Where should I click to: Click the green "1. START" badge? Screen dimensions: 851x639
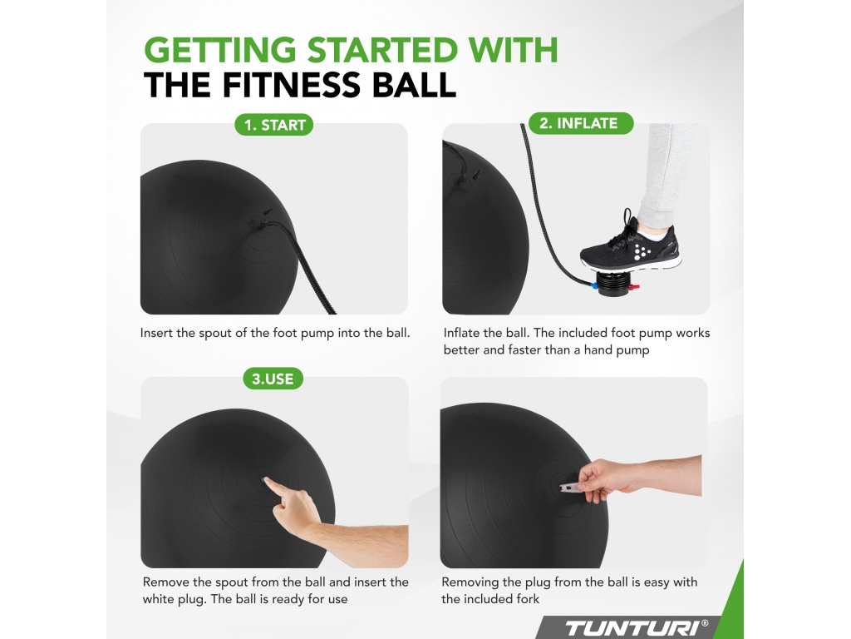273,125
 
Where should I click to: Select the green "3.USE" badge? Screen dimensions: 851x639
273,379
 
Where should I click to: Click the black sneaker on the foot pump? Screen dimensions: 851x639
630,245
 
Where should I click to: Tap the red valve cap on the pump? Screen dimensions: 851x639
634,286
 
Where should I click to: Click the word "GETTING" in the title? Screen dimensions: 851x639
219,50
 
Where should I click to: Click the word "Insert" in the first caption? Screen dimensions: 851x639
156,333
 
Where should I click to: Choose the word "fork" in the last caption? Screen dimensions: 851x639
528,599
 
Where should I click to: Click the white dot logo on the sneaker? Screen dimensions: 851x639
642,251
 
